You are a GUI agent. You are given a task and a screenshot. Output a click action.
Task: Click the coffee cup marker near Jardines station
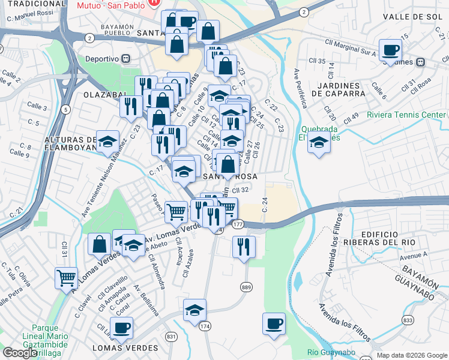coord(390,49)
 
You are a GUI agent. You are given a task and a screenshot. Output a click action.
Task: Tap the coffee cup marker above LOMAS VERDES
coord(121,327)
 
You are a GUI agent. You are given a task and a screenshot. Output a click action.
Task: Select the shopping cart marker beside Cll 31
coord(65,277)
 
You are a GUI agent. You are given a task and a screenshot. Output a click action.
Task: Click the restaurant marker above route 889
coord(244,246)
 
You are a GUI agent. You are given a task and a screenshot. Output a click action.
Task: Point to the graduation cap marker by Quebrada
coord(319,143)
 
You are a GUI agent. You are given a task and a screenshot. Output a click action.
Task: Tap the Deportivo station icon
coord(126,58)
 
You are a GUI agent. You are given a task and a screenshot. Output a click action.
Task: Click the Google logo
coord(20,353)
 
